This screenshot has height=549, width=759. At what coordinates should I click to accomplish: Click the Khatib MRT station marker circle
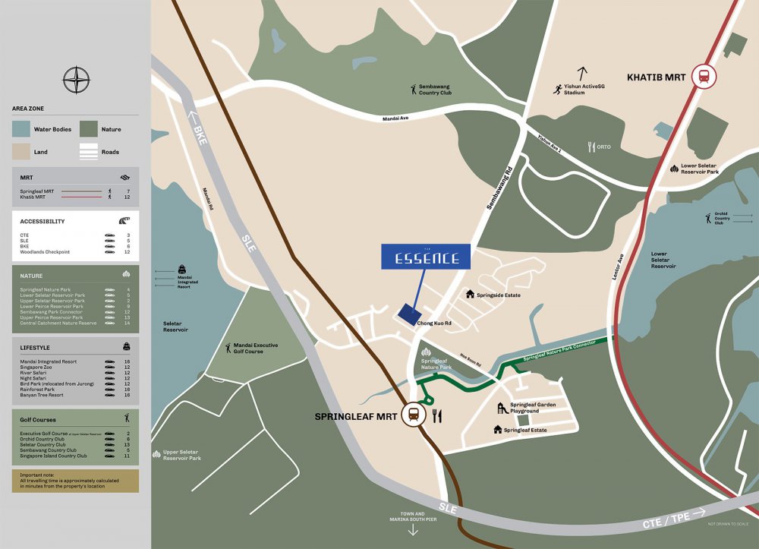(704, 76)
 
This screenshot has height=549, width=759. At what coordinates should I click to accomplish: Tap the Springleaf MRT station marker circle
(414, 415)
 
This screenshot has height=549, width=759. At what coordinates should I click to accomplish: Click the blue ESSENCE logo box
(425, 257)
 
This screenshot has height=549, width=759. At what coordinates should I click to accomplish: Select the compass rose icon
(76, 80)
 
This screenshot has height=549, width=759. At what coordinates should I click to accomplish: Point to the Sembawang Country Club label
(435, 90)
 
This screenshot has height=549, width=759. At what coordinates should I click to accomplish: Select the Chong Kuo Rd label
(434, 323)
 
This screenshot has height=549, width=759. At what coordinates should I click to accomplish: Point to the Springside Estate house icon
(471, 294)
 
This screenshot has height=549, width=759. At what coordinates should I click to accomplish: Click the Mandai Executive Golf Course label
(256, 349)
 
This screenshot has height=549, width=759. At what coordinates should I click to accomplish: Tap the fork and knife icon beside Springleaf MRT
(436, 415)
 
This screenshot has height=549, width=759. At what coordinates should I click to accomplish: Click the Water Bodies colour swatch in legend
(21, 129)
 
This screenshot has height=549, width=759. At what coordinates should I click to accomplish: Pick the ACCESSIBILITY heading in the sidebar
(43, 222)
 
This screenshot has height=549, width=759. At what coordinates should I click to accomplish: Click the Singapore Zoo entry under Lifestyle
(38, 368)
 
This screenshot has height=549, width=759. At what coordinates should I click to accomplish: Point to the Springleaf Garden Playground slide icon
(502, 409)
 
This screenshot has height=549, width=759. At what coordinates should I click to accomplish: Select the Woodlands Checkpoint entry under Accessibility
(46, 251)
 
